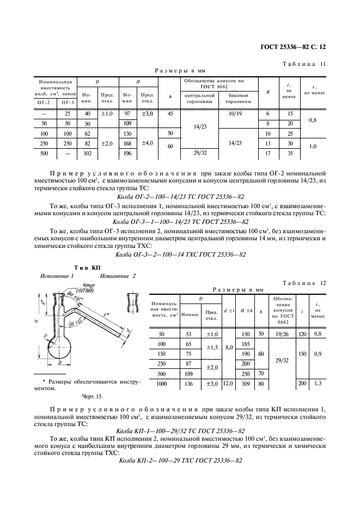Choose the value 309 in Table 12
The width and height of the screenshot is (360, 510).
point(245,384)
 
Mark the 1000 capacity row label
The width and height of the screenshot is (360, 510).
point(161,384)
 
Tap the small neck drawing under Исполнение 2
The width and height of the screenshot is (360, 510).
point(132,299)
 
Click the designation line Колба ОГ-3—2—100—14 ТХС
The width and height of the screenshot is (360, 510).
point(181,254)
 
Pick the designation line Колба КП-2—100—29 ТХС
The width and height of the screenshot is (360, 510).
point(180,460)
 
